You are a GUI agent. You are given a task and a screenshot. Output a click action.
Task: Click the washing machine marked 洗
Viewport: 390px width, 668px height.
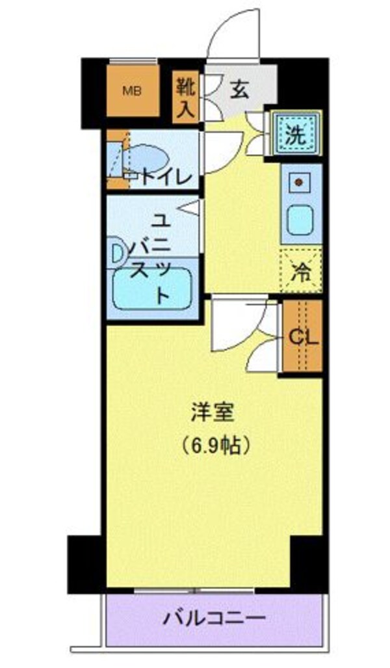tap(296, 135)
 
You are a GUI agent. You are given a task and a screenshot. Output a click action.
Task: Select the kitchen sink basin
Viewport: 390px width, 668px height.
tap(300, 220)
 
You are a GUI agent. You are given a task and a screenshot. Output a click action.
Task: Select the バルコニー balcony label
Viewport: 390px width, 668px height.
tap(214, 617)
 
